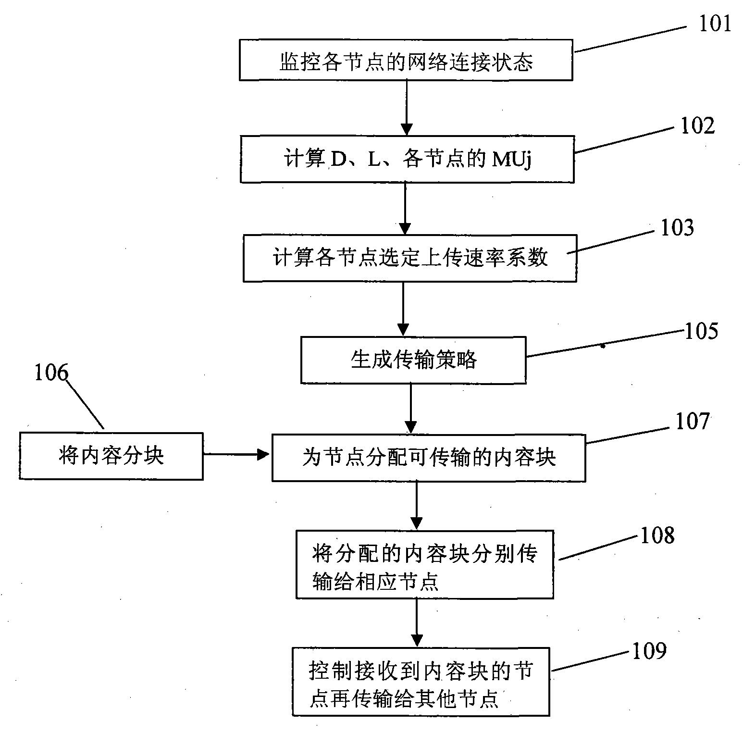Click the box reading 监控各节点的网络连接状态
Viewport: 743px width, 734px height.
pyautogui.click(x=406, y=60)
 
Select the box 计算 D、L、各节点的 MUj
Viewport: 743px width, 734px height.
pyautogui.click(x=407, y=160)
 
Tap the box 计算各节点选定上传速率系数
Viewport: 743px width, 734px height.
pyautogui.click(x=409, y=258)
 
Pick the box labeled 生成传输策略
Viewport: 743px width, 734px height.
pyautogui.click(x=413, y=360)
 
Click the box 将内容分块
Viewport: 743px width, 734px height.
pyautogui.click(x=111, y=456)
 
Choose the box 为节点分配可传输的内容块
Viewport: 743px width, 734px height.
pyautogui.click(x=428, y=458)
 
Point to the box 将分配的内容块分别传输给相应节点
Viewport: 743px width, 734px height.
pyautogui.click(x=424, y=565)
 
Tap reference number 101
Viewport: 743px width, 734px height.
pyautogui.click(x=714, y=23)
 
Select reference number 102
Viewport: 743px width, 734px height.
pyautogui.click(x=697, y=125)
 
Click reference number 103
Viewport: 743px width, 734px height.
pyautogui.click(x=677, y=228)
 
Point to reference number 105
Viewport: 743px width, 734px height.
pyautogui.click(x=701, y=331)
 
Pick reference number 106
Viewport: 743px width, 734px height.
pyautogui.click(x=51, y=373)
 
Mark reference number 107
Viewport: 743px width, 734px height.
pyautogui.click(x=692, y=422)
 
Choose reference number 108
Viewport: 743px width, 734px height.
pyautogui.click(x=657, y=535)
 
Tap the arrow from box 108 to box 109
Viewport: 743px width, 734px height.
pyautogui.click(x=416, y=623)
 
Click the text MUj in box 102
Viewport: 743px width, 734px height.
pyautogui.click(x=511, y=160)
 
